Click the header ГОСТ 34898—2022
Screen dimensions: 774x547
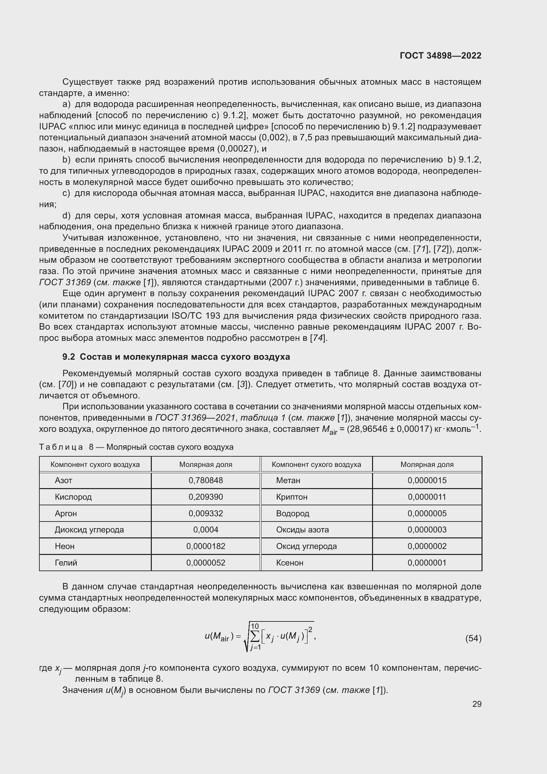pos(440,56)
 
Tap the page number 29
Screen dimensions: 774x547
pos(477,704)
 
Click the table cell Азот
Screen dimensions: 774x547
pos(63,480)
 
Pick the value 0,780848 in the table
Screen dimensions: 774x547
pos(205,480)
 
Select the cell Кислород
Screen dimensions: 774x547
pos(73,497)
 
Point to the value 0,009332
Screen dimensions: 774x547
pos(205,514)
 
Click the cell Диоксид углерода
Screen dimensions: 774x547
pos(89,529)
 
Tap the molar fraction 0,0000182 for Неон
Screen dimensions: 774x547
pos(205,546)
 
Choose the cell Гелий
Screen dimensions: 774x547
pos(66,563)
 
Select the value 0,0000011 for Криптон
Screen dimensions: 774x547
pos(427,497)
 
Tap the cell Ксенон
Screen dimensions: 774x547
pos(290,563)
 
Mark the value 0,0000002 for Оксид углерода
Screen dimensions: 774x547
pos(427,546)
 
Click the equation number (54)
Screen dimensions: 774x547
pos(473,638)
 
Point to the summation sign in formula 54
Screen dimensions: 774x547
pos(255,636)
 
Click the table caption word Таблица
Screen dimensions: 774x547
pos(61,447)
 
